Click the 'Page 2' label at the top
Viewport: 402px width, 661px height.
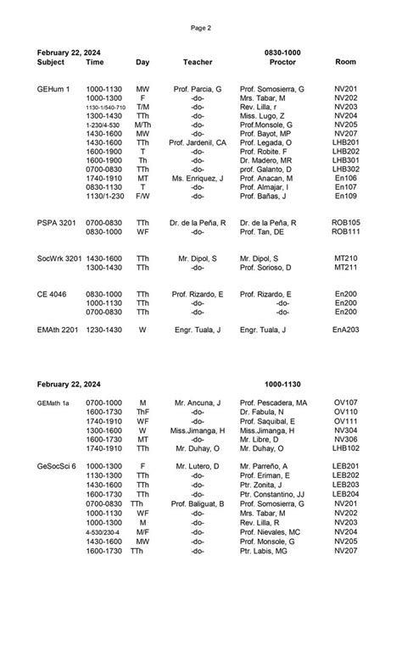[x=201, y=28]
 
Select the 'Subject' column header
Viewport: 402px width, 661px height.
[x=51, y=63]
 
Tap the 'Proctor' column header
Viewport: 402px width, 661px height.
[x=282, y=63]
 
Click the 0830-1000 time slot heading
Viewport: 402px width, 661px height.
[x=282, y=53]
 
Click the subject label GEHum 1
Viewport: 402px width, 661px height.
[x=53, y=89]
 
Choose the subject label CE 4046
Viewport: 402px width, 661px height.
[x=53, y=293]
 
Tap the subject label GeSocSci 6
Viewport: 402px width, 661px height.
[x=57, y=466]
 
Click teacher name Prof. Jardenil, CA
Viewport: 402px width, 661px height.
[x=198, y=142]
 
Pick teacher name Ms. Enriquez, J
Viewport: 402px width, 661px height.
[x=198, y=178]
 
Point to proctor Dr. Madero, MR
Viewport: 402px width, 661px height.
[x=265, y=160]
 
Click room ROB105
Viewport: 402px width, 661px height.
[x=345, y=222]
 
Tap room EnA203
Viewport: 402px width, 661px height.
[x=345, y=329]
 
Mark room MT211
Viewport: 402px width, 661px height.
[x=345, y=267]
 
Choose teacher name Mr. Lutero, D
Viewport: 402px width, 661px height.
[x=197, y=466]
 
